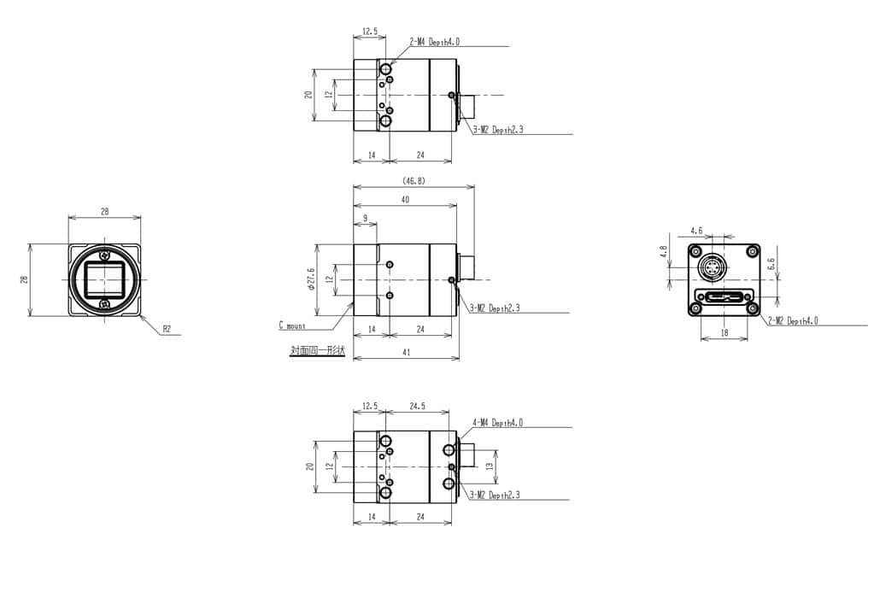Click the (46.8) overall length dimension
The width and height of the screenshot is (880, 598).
(x=413, y=181)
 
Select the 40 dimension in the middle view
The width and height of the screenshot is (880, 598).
(x=405, y=200)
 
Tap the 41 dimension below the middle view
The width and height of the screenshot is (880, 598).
(x=405, y=352)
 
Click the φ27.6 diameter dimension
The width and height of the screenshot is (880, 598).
(x=310, y=279)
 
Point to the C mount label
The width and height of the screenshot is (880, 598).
(x=292, y=325)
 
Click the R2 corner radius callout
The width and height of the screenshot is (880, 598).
(x=167, y=328)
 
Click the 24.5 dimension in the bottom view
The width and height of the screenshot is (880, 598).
(x=417, y=407)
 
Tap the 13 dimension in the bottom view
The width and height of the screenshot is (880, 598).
(x=489, y=466)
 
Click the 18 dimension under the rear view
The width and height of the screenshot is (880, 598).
(x=725, y=333)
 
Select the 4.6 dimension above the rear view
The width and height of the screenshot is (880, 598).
(x=696, y=231)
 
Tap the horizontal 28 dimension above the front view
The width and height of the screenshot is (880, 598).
(x=104, y=211)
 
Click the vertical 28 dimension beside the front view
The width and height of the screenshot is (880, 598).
(x=25, y=279)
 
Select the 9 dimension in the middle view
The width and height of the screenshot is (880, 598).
(x=365, y=219)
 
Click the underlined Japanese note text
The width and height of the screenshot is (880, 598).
(x=317, y=350)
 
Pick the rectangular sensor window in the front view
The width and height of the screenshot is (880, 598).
(x=104, y=279)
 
